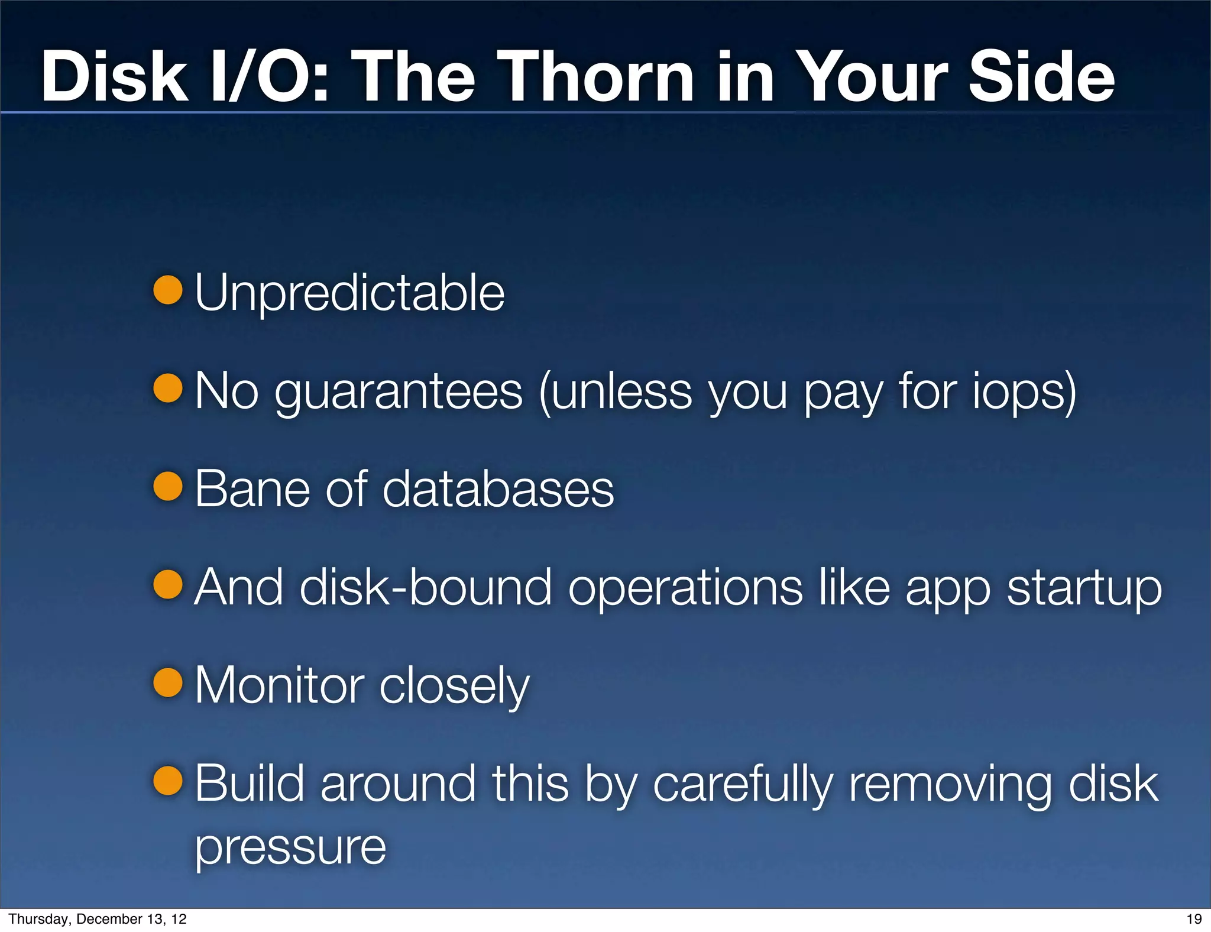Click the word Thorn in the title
click(599, 77)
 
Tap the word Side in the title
click(1041, 77)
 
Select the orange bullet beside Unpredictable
click(168, 290)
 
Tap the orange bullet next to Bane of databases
click(168, 487)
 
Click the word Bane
click(252, 489)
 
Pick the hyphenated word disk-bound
click(426, 587)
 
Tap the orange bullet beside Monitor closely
click(168, 683)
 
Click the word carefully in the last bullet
click(743, 785)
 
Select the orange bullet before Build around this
click(168, 781)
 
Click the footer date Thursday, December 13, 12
click(98, 919)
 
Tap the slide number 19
click(1194, 919)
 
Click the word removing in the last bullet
click(950, 785)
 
